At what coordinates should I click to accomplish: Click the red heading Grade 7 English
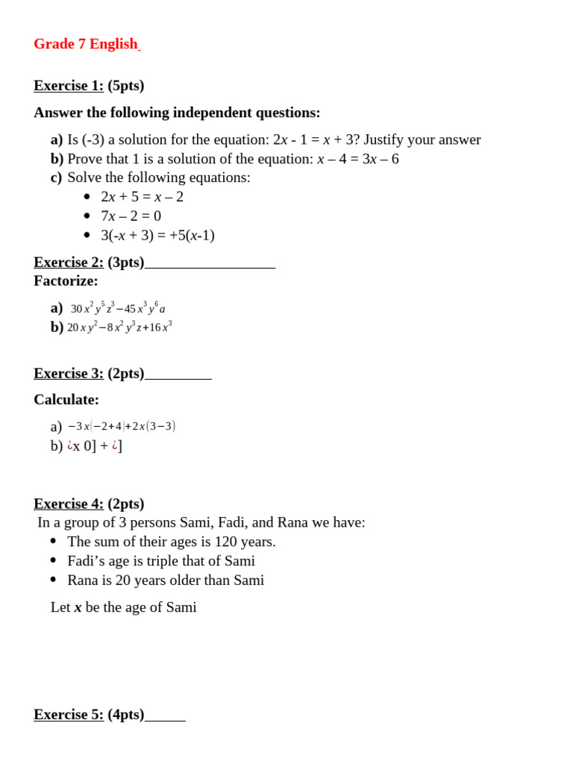coord(86,44)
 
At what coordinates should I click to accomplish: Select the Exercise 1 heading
coord(69,86)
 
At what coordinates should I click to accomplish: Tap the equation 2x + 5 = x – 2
coord(142,197)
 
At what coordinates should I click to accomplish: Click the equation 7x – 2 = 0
coord(131,216)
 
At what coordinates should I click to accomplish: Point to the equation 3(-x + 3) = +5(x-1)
coord(157,236)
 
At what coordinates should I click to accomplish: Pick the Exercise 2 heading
coord(69,263)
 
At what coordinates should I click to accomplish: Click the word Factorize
coord(66,281)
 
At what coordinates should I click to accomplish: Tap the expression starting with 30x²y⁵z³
coord(118,308)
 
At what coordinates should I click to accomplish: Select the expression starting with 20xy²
coord(119,327)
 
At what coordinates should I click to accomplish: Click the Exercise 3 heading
coord(69,374)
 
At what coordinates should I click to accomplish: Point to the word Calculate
coord(66,400)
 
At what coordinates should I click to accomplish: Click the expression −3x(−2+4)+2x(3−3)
coord(122,426)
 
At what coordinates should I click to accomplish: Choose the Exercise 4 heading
coord(69,504)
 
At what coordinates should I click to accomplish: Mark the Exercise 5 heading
coord(69,715)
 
